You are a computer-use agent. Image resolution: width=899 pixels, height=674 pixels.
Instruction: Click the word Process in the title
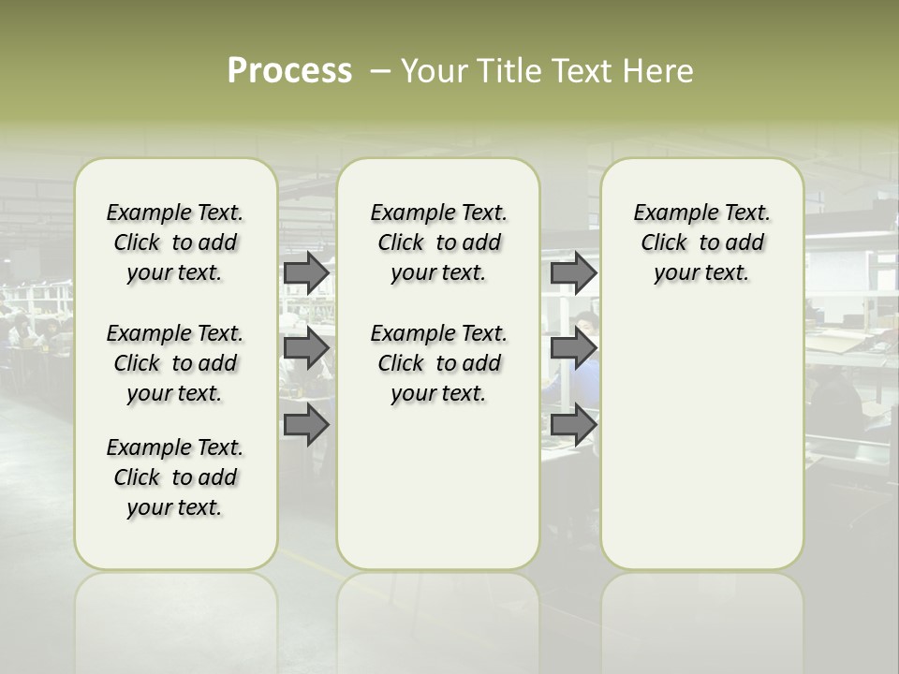pos(289,70)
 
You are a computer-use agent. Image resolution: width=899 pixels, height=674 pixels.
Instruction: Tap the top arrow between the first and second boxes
pos(306,272)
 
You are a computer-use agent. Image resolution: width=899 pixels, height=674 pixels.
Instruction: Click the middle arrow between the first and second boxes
pos(306,347)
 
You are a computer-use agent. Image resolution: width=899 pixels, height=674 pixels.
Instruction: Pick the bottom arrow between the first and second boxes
pos(306,425)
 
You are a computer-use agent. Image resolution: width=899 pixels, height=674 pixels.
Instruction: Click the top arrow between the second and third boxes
pos(573,272)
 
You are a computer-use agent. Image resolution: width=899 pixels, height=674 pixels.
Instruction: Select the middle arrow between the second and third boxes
pos(573,347)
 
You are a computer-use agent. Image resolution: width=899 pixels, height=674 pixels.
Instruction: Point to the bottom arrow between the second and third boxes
pos(573,425)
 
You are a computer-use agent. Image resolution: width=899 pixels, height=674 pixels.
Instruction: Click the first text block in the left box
pos(175,242)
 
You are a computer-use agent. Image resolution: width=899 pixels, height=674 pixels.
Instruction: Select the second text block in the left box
pos(175,363)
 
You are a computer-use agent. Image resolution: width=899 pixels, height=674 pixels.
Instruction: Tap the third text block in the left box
pos(175,477)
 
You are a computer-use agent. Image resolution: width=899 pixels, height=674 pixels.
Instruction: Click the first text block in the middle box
pos(438,242)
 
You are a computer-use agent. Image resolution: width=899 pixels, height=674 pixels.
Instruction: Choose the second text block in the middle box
pos(438,363)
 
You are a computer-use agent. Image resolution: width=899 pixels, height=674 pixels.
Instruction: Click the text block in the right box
pos(701,242)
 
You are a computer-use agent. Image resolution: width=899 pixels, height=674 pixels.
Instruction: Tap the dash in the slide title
pos(380,70)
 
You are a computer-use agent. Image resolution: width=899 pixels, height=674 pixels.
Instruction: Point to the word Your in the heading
pos(435,70)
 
